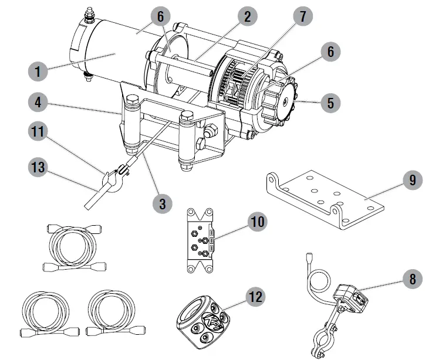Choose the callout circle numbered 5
click(x=330, y=103)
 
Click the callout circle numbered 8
click(x=413, y=279)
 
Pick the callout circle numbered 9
click(x=413, y=180)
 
